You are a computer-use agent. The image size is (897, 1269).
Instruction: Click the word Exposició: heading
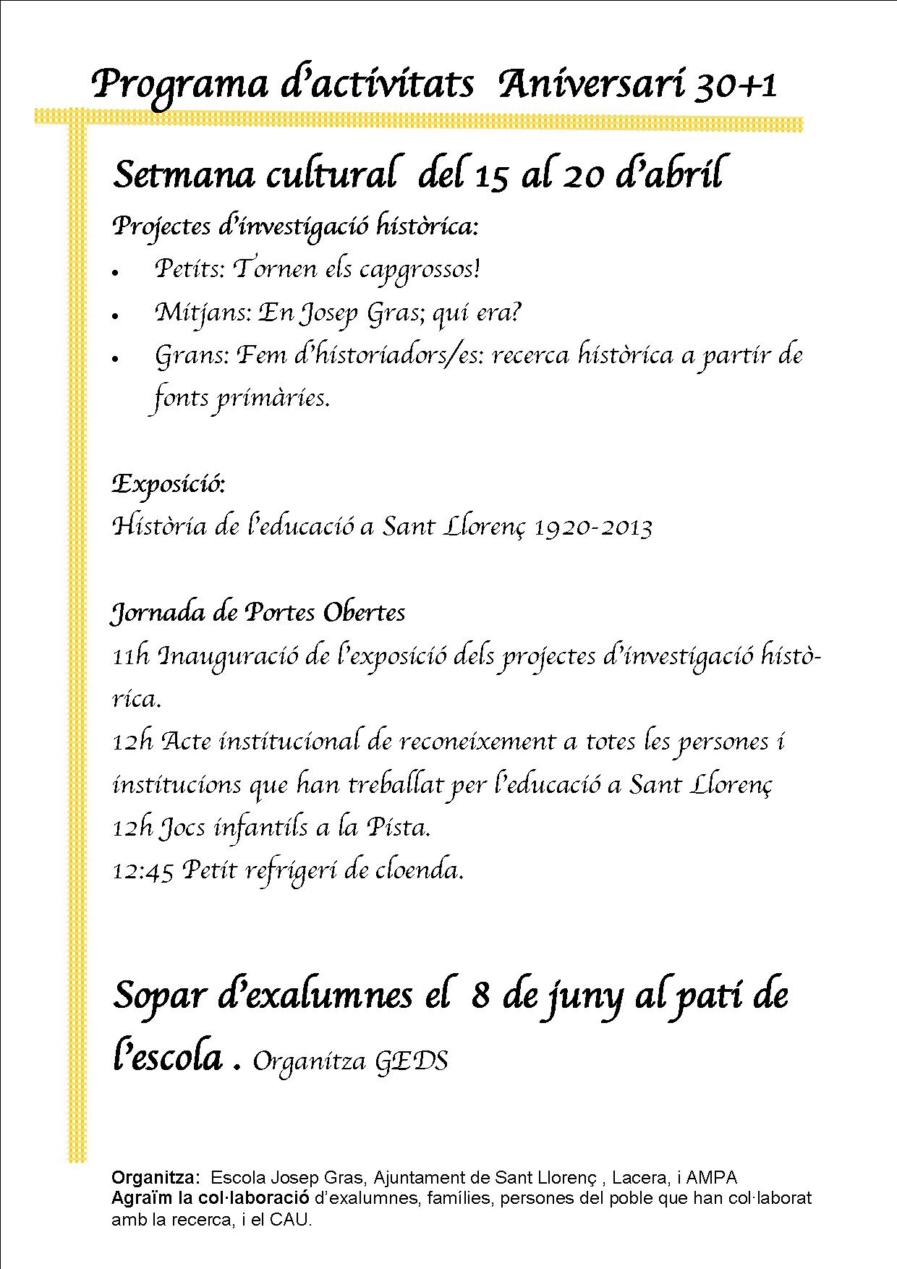(169, 484)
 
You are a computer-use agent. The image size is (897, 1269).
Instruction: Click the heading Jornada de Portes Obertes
(258, 613)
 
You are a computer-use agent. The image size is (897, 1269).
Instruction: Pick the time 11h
(131, 656)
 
